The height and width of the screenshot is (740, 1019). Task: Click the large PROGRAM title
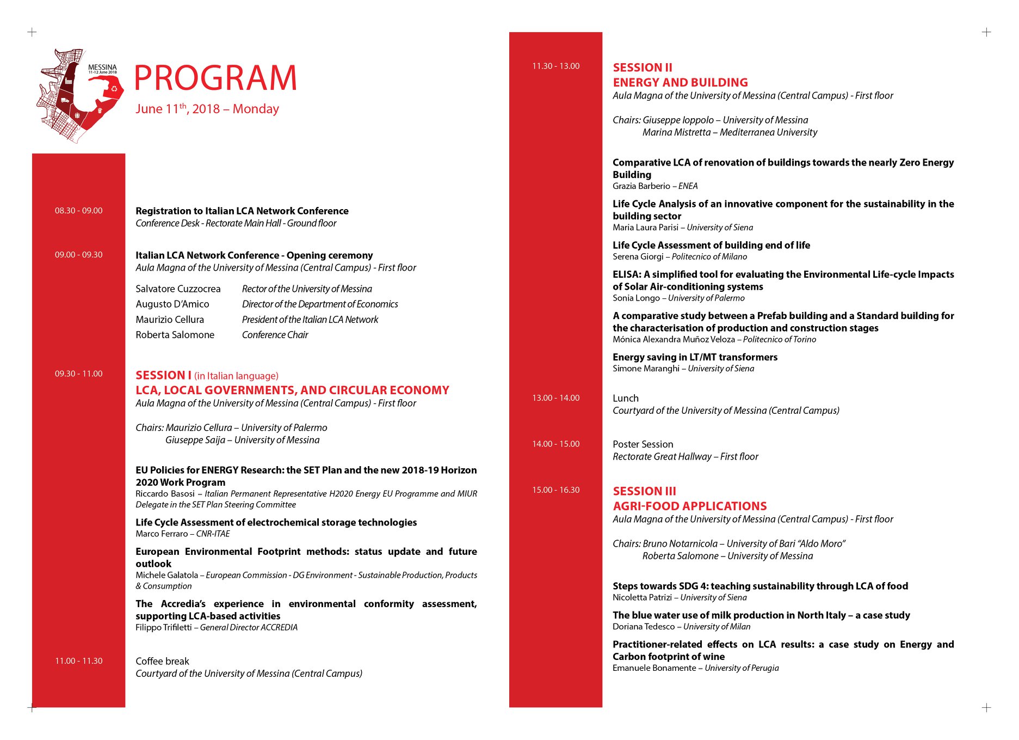point(215,78)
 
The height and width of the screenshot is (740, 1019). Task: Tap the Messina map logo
point(79,95)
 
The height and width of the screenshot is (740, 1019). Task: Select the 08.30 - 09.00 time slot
point(78,211)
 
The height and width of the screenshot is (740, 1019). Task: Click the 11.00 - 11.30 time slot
point(78,661)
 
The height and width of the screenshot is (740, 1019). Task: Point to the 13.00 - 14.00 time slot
point(555,398)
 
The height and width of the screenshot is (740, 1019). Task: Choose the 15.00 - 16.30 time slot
point(555,490)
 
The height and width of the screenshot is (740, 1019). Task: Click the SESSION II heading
point(643,68)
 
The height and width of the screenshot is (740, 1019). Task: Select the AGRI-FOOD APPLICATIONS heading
point(689,506)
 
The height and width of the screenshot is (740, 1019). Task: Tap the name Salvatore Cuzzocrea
point(178,289)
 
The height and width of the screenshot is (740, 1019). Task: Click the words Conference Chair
point(275,335)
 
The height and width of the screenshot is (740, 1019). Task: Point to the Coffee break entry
point(162,662)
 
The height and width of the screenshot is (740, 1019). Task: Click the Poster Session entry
point(643,444)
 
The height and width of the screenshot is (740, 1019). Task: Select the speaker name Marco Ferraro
point(162,534)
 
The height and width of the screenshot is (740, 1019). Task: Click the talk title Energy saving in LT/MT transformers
point(695,357)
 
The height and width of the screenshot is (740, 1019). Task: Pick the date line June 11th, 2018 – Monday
point(207,109)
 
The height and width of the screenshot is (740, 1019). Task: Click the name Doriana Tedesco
point(644,627)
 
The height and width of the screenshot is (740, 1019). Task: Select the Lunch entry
point(626,399)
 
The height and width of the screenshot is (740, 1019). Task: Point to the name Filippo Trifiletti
point(163,628)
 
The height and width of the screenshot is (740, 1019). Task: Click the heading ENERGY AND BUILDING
point(680,83)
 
